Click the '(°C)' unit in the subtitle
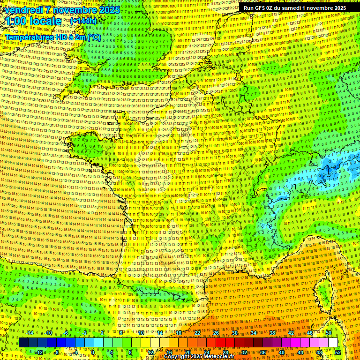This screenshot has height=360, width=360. [93, 37]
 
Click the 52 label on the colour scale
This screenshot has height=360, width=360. [338, 352]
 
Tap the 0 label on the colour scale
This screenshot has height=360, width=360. [93, 352]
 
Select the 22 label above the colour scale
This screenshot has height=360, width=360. [197, 333]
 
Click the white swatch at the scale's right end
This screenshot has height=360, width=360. [333, 343]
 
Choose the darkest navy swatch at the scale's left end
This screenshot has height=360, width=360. [23, 343]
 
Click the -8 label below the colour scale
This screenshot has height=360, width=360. [56, 352]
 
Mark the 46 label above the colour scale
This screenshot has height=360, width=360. [310, 333]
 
